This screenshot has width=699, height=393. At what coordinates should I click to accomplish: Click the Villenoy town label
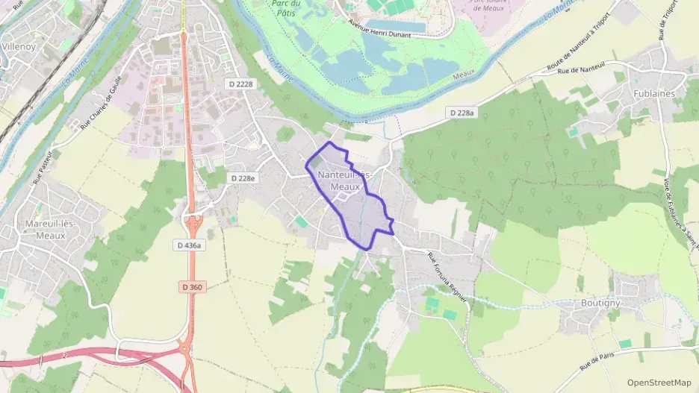pyautogui.click(x=19, y=46)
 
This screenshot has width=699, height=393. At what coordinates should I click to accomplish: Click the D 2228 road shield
pyautogui.click(x=240, y=84)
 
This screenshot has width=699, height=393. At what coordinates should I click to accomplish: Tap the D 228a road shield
pyautogui.click(x=461, y=113)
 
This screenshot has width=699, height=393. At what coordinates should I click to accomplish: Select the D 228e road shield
pyautogui.click(x=243, y=178)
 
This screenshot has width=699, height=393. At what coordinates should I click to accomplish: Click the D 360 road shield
pyautogui.click(x=191, y=286)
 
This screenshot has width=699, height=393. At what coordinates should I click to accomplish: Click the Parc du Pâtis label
pyautogui.click(x=287, y=7)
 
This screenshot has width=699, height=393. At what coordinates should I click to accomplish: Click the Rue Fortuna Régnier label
pyautogui.click(x=448, y=276)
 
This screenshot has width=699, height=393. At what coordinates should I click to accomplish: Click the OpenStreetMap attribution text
pyautogui.click(x=659, y=382)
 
